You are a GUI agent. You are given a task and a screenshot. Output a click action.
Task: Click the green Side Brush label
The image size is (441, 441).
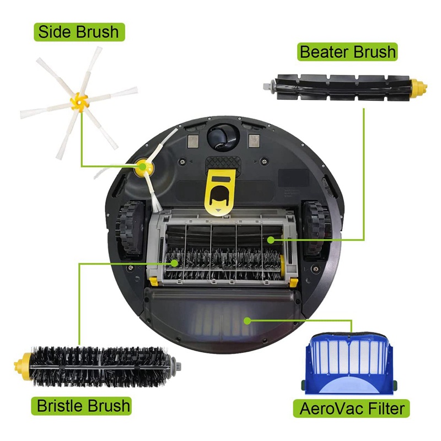pyautogui.click(x=79, y=32)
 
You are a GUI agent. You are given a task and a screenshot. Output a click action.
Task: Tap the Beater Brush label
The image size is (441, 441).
pyautogui.click(x=347, y=52)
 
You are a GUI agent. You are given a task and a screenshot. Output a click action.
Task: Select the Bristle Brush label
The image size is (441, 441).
pyautogui.click(x=81, y=406)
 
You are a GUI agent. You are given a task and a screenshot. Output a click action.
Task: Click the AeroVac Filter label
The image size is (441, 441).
pyautogui.click(x=352, y=408)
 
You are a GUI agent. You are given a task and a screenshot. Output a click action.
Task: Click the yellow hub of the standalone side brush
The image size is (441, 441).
pyautogui.click(x=79, y=102)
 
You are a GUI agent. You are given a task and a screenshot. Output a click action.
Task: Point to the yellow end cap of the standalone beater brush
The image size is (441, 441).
pyautogui.click(x=419, y=87)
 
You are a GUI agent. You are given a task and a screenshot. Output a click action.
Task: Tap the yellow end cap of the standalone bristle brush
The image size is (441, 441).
pyautogui.click(x=23, y=366)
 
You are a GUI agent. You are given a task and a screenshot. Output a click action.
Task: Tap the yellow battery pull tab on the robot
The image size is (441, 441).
pyautogui.click(x=220, y=191)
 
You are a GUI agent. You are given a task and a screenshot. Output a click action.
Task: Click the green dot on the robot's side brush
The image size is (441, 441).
pyautogui.click(x=143, y=167)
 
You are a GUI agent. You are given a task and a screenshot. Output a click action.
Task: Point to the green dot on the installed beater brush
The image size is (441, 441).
pyautogui.click(x=271, y=240)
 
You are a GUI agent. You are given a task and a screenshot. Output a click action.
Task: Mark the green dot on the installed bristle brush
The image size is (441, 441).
pyautogui.click(x=175, y=263)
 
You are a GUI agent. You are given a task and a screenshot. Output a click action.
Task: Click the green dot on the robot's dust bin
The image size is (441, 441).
pyautogui.click(x=247, y=321)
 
